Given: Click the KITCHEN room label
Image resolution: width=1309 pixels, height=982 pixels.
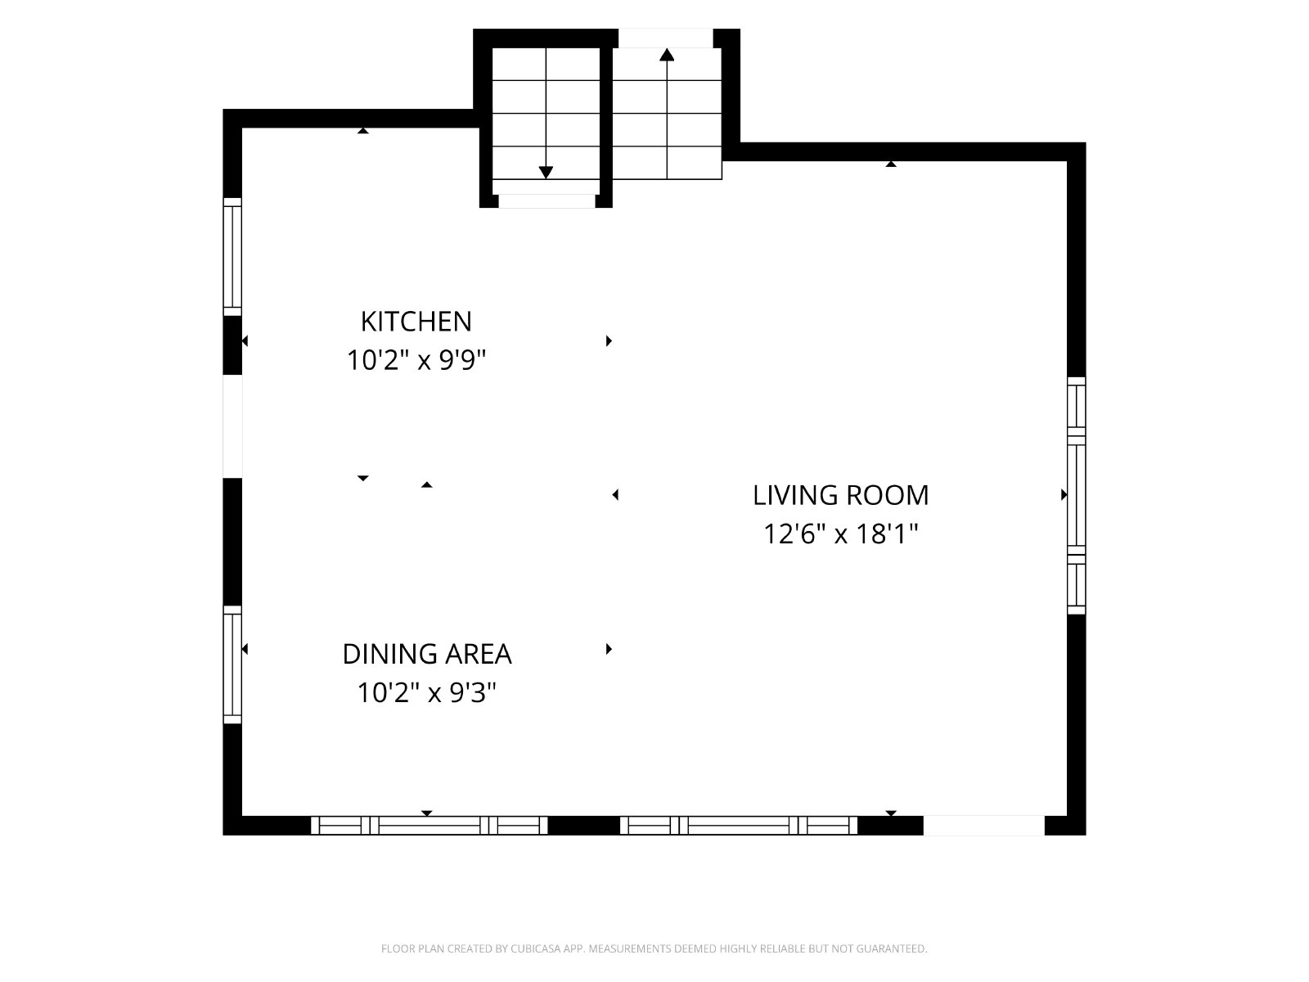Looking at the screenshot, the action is [x=416, y=322].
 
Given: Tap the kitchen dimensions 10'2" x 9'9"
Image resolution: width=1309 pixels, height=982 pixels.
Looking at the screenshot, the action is [x=416, y=360].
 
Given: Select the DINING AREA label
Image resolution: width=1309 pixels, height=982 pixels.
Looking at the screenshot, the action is [x=427, y=654].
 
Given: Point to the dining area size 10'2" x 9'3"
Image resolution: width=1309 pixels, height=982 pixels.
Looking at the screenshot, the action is [x=427, y=693].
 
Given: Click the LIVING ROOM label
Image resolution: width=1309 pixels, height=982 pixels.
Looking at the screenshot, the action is [x=841, y=495].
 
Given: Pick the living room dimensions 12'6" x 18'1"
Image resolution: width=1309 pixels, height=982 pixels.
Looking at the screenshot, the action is [x=841, y=534].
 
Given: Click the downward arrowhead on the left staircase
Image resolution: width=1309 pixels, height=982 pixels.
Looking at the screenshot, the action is [x=546, y=173].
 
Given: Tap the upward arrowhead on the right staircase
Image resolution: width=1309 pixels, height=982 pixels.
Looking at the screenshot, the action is [x=667, y=55].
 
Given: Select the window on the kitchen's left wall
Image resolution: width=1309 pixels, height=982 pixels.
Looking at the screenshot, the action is [x=232, y=257].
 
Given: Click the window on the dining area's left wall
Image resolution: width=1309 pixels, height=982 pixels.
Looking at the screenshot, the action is [x=232, y=664].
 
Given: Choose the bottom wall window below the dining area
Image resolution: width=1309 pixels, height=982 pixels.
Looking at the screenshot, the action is [x=430, y=826].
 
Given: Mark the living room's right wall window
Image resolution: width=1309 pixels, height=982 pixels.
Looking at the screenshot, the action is [x=1077, y=495].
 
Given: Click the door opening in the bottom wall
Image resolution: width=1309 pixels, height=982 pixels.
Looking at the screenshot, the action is [x=984, y=826].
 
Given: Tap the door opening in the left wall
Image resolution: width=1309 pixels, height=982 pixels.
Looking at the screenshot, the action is [x=232, y=426].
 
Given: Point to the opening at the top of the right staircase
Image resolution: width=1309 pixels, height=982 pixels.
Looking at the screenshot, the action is [x=665, y=38].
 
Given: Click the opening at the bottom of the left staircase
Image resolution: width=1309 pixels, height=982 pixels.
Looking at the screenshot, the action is [x=547, y=201].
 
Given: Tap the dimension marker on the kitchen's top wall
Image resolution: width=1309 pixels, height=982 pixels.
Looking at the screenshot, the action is [x=362, y=131].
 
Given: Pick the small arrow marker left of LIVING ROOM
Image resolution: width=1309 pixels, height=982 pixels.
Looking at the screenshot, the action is [x=615, y=494].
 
